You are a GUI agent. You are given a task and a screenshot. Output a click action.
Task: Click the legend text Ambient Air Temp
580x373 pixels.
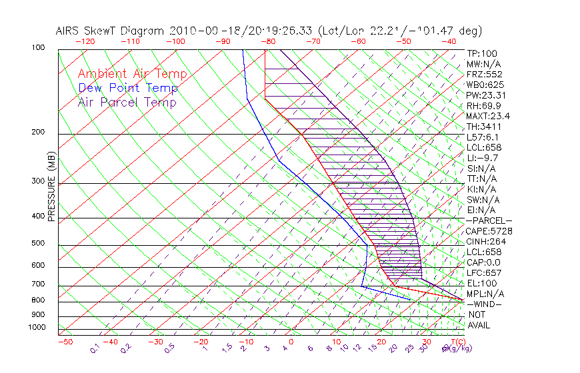point(132,74)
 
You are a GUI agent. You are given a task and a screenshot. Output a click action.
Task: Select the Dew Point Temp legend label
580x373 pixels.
point(128,88)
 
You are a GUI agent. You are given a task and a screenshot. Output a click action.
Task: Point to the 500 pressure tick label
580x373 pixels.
point(37,244)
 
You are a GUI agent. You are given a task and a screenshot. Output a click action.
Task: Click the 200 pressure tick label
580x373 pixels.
point(37,133)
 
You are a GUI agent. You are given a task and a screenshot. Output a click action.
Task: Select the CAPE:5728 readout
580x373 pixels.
point(489,231)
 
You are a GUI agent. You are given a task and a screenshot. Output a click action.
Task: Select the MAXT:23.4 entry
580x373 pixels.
point(488,116)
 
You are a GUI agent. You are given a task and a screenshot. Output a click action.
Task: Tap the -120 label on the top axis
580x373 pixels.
point(85,41)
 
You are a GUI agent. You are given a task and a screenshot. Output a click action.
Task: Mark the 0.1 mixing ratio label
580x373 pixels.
point(95,348)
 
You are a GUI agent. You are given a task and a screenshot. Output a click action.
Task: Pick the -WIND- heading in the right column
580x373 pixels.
point(485,304)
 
